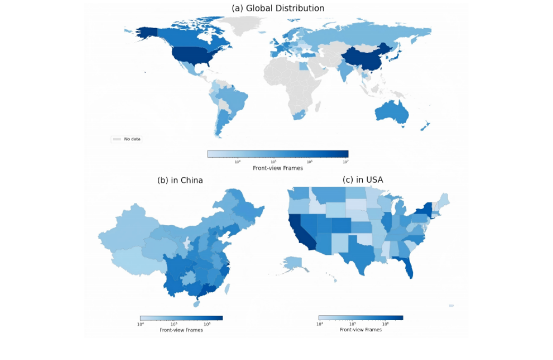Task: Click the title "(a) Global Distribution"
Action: coord(278,8)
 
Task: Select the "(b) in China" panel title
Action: coord(180,181)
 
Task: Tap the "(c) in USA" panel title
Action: coord(362,180)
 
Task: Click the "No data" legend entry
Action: coord(132,139)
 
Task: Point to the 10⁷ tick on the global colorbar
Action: coord(345,161)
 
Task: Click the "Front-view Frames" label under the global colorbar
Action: coord(278,168)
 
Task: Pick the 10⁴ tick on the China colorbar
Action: coord(141,323)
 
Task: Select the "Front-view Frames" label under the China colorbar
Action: coord(181,330)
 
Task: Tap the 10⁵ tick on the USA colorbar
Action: coord(352,323)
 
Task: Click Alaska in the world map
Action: coord(143,32)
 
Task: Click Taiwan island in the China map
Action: coord(227,289)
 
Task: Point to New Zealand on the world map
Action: coord(425,126)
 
